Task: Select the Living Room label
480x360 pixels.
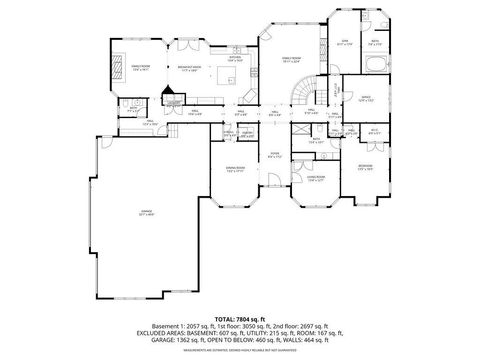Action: point(317,177)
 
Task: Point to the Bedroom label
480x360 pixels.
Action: point(366,167)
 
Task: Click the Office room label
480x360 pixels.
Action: point(366,100)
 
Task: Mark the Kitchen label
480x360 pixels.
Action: point(236,58)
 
